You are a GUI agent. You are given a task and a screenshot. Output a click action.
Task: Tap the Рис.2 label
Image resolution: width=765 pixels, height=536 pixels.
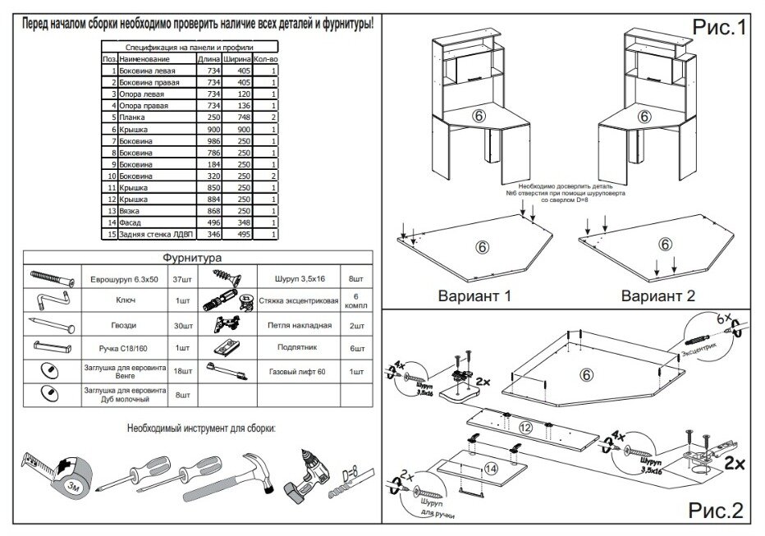(714, 511)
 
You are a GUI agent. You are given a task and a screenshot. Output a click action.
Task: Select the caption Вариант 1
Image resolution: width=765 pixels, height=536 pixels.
(475, 295)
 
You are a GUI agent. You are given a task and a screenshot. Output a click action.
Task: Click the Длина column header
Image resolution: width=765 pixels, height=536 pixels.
(208, 60)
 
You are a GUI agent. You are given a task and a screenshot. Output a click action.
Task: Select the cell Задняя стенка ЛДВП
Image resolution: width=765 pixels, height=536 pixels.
(153, 235)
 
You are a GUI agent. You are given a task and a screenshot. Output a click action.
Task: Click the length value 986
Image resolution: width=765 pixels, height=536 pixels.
(213, 141)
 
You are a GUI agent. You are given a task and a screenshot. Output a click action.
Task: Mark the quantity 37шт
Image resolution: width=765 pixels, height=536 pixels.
(181, 279)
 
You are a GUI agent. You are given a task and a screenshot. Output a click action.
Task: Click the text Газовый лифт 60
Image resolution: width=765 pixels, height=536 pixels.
(297, 372)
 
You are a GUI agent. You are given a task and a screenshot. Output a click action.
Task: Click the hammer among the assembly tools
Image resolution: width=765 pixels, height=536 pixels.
(247, 475)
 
